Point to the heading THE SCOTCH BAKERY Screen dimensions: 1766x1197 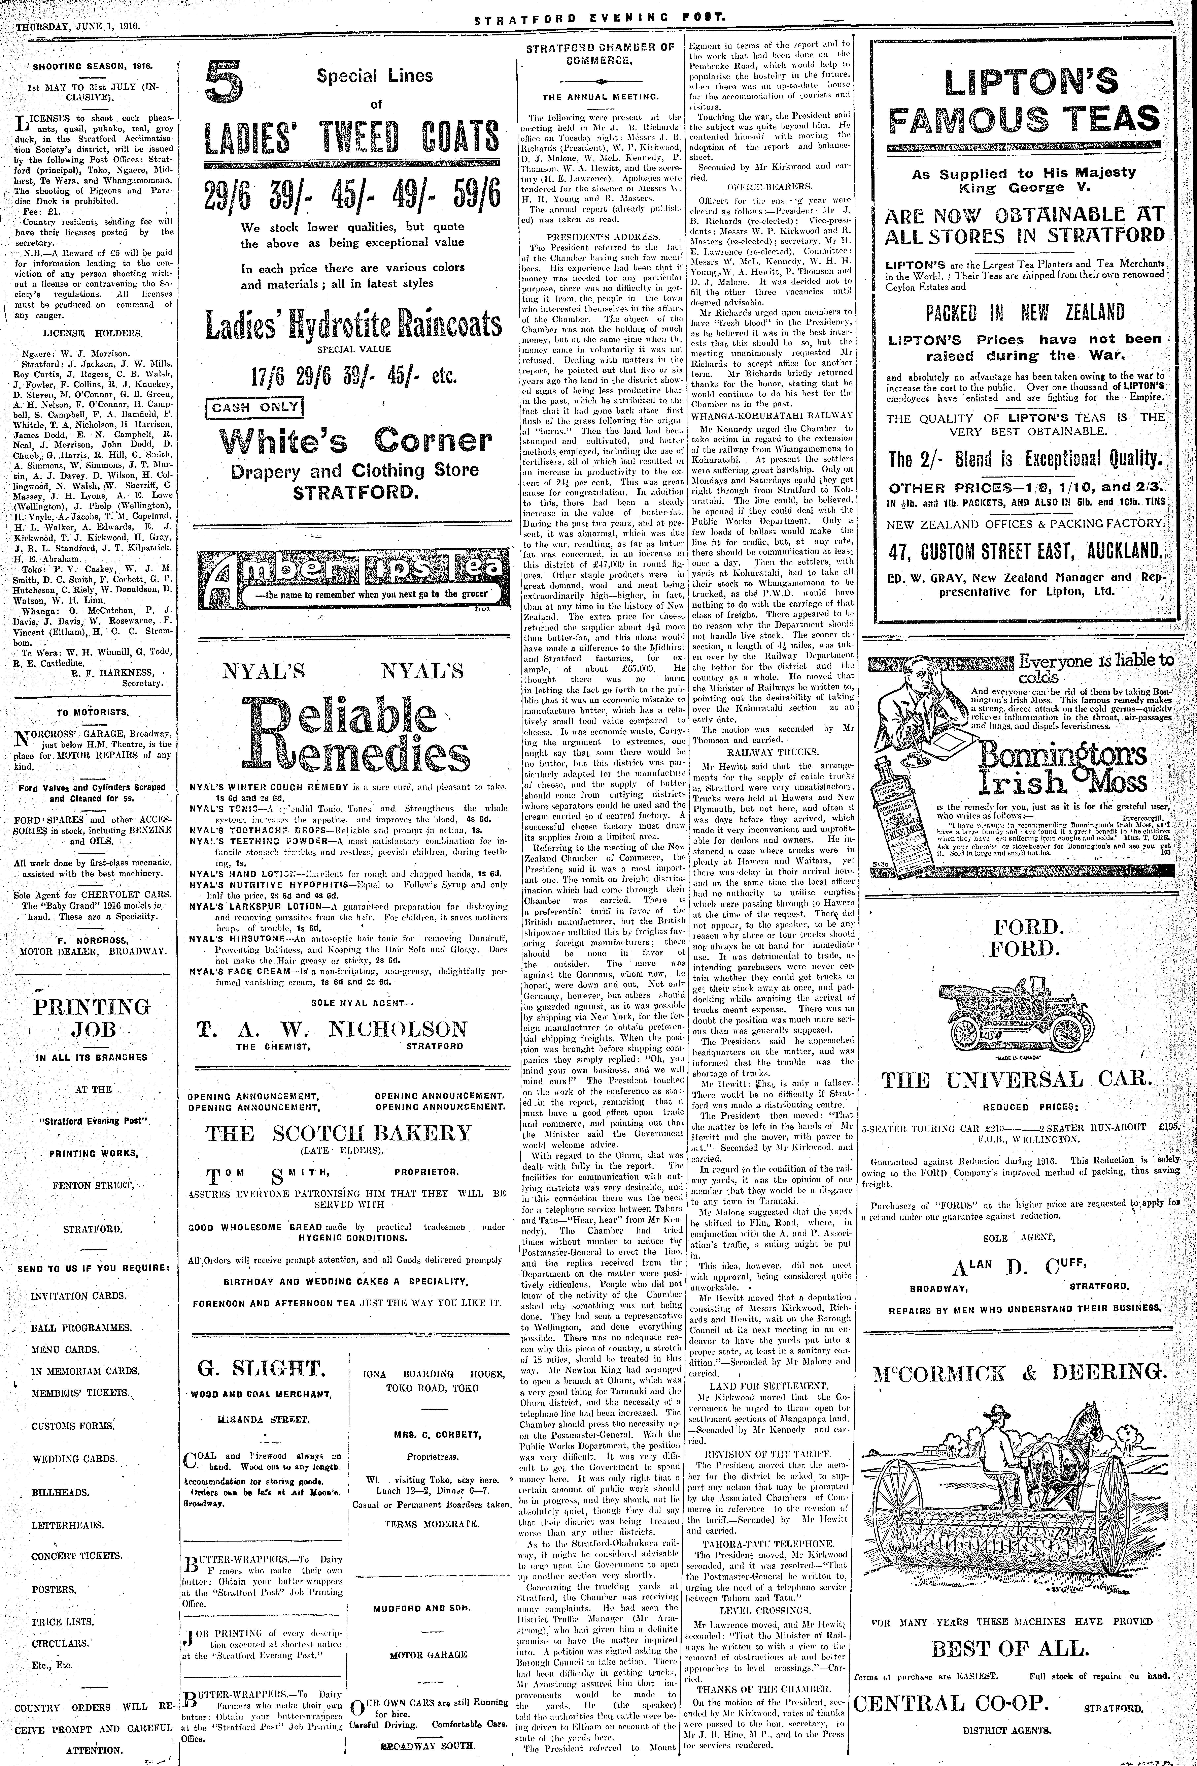(x=340, y=1133)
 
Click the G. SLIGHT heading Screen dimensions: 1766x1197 (x=261, y=1369)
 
